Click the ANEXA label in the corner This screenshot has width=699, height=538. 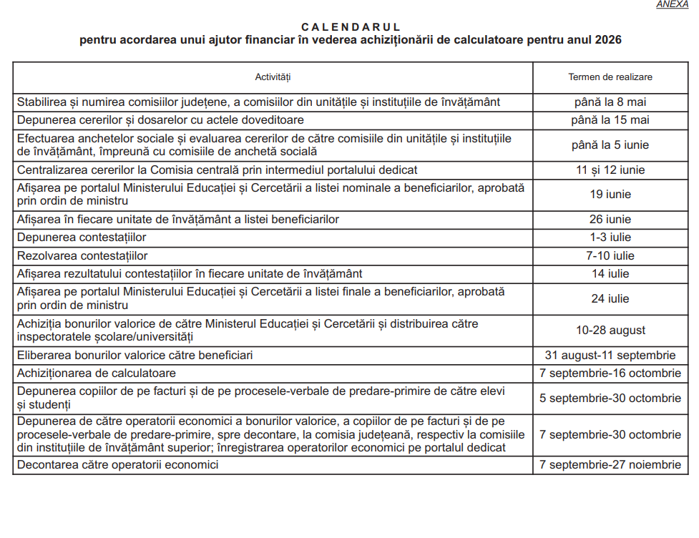(672, 4)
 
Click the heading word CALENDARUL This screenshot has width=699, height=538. (351, 26)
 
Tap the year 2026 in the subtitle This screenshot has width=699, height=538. (607, 40)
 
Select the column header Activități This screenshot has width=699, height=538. (273, 77)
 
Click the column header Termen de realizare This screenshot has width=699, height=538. (610, 77)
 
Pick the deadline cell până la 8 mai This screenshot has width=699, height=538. (610, 102)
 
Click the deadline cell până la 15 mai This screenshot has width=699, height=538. (610, 120)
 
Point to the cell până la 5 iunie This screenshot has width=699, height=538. (610, 145)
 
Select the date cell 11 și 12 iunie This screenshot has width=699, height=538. (610, 170)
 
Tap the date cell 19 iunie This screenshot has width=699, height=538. (610, 195)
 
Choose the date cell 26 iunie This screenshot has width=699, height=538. (610, 220)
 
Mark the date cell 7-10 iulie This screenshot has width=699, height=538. (610, 256)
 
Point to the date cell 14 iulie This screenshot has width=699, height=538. (610, 274)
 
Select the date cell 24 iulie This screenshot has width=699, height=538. (610, 299)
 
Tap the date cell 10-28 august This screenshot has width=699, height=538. (610, 331)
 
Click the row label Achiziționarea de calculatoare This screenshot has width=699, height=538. (97, 373)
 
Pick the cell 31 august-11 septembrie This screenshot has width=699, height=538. (610, 356)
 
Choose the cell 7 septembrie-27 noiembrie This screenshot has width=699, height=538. (610, 465)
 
